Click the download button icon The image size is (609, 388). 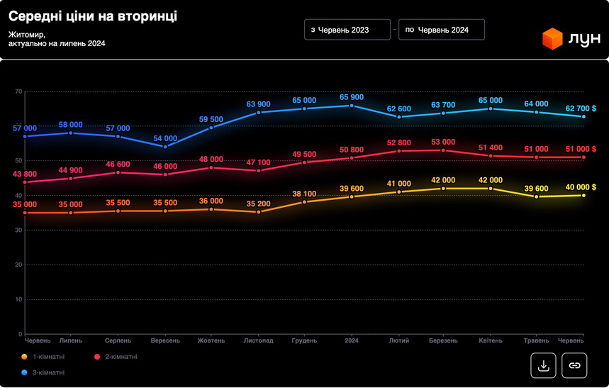click(543, 365)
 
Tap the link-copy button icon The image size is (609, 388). click(574, 365)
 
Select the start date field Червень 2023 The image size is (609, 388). click(347, 30)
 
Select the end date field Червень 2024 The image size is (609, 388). click(442, 30)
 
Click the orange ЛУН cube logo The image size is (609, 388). click(552, 38)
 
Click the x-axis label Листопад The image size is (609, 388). click(258, 340)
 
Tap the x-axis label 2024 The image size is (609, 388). click(352, 340)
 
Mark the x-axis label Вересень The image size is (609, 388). click(164, 340)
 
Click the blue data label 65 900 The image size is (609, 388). click(352, 97)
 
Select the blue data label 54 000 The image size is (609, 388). click(165, 138)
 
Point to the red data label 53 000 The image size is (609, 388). click(443, 142)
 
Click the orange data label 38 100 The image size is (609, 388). click(305, 194)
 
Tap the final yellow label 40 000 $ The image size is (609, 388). click(579, 187)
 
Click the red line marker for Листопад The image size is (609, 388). click(259, 170)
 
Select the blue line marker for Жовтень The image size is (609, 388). click(211, 128)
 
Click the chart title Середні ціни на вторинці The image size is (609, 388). click(93, 16)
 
